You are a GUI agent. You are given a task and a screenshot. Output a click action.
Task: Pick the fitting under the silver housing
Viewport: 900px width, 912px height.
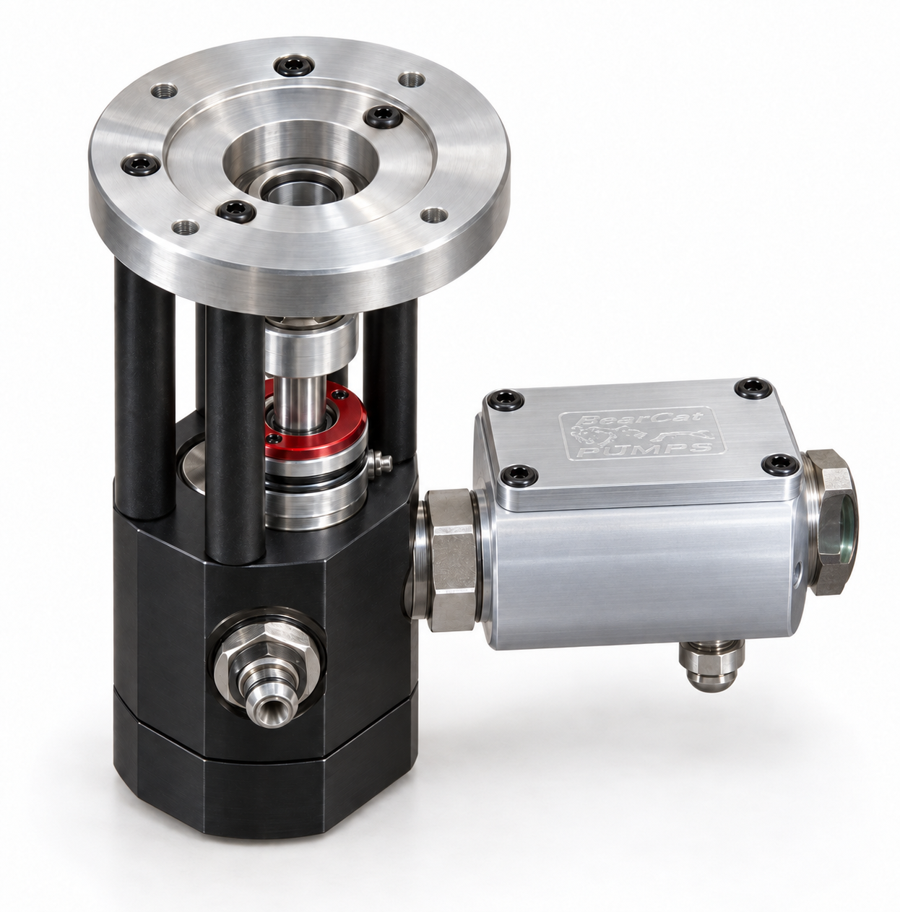click(711, 664)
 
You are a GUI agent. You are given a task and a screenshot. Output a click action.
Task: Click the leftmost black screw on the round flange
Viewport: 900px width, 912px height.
click(141, 165)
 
